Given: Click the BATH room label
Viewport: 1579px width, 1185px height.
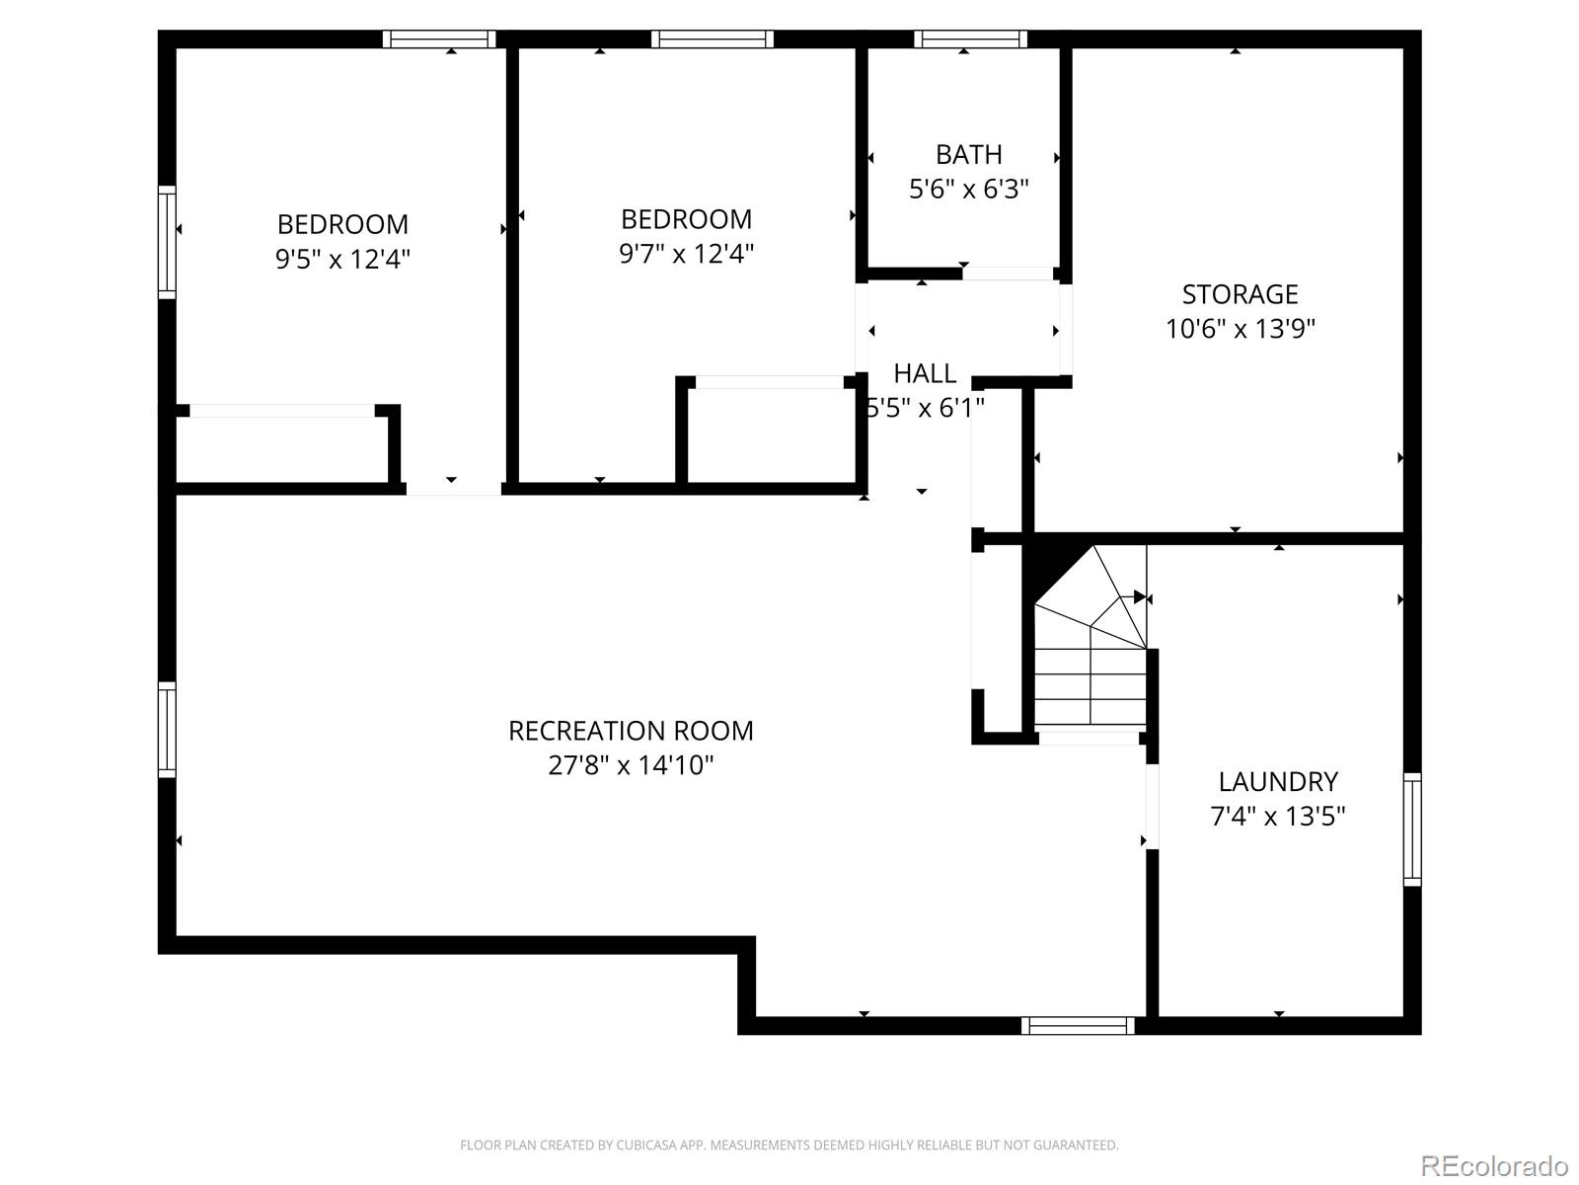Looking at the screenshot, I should pyautogui.click(x=968, y=155).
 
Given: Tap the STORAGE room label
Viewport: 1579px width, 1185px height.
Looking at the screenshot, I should pyautogui.click(x=1240, y=294).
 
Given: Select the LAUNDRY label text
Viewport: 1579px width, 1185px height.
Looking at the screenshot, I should pyautogui.click(x=1278, y=782).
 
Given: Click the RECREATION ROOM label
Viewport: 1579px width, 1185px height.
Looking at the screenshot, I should pyautogui.click(x=631, y=731).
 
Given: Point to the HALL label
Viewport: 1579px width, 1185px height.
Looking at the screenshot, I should pyautogui.click(x=925, y=373).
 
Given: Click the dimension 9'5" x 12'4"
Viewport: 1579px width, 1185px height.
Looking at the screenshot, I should pyautogui.click(x=342, y=260).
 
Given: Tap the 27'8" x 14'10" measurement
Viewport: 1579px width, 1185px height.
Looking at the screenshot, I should pyautogui.click(x=631, y=765).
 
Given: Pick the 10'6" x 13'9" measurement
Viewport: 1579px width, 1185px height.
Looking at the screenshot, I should pyautogui.click(x=1240, y=329).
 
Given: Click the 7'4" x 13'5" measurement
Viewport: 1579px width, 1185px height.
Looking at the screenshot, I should pyautogui.click(x=1278, y=817).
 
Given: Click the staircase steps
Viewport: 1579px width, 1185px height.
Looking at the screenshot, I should pyautogui.click(x=1090, y=681).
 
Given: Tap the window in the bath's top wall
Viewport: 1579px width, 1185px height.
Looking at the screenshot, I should pyautogui.click(x=970, y=39).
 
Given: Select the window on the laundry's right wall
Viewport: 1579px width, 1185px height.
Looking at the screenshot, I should pyautogui.click(x=1412, y=829).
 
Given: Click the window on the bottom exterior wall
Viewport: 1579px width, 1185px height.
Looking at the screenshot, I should pyautogui.click(x=1078, y=1026).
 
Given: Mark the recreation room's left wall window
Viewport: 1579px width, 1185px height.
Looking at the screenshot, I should pyautogui.click(x=167, y=729).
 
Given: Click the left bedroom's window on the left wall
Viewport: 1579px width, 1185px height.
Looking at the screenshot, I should pyautogui.click(x=167, y=242).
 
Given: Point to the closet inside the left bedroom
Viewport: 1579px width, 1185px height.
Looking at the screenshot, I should pyautogui.click(x=282, y=449).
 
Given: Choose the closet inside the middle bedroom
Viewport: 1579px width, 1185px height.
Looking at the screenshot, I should pyautogui.click(x=771, y=435).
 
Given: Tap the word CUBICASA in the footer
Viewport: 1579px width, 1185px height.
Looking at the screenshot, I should pyautogui.click(x=645, y=1145).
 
